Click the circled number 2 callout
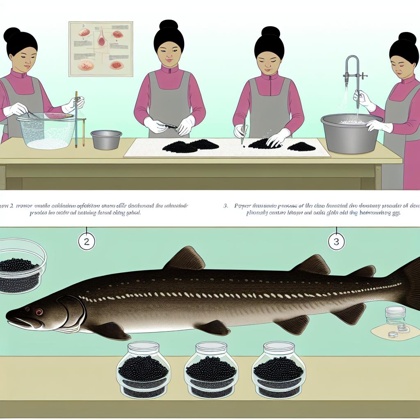tap(87, 242)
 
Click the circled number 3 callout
tap(336, 242)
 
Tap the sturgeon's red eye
tap(39, 312)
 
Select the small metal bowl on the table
tap(106, 139)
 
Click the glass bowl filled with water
tap(47, 130)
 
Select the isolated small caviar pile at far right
tap(301, 146)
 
